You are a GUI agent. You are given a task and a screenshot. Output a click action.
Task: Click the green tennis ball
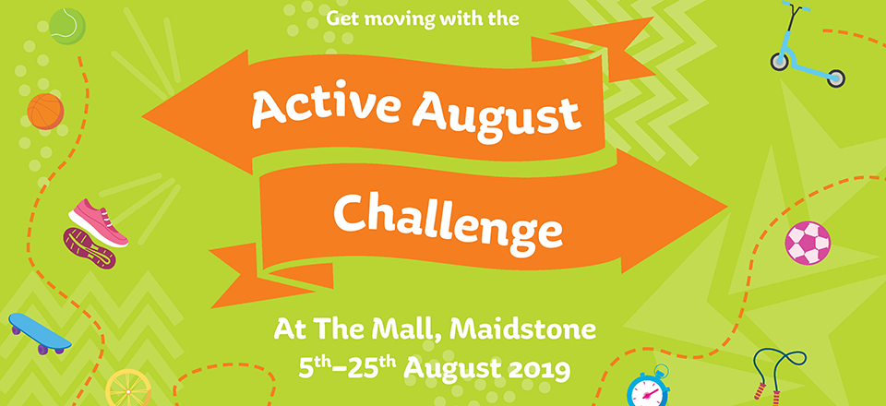click(67, 26)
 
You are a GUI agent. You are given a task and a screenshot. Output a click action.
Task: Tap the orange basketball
click(46, 112)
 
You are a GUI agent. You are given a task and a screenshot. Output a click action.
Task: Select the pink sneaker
click(99, 222)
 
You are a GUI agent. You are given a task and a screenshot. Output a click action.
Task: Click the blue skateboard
click(40, 333)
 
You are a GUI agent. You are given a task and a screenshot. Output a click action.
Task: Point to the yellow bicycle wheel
click(129, 388)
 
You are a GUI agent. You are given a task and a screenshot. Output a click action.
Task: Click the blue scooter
click(807, 44)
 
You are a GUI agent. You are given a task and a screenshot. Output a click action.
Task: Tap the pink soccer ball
click(808, 243)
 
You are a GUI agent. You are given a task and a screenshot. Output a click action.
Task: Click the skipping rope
click(778, 374)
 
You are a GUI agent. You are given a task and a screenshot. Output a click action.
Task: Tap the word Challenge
click(448, 218)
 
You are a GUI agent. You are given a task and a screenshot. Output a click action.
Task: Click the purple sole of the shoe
click(90, 248)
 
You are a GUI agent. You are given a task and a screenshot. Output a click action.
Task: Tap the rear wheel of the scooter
click(836, 78)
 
